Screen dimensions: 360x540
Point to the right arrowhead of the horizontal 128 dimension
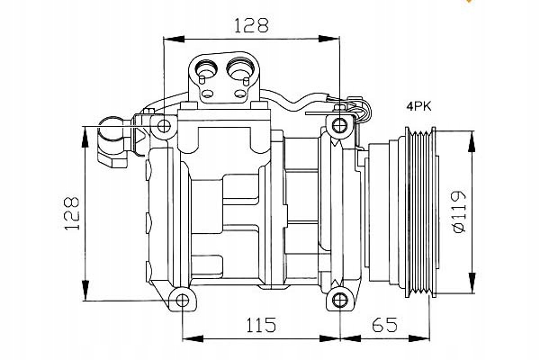(333, 39)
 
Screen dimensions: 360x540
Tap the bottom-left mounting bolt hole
(183, 301)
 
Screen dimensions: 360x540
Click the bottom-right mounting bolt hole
(338, 301)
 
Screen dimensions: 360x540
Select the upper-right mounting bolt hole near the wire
(338, 123)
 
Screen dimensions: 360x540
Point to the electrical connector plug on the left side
(112, 140)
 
